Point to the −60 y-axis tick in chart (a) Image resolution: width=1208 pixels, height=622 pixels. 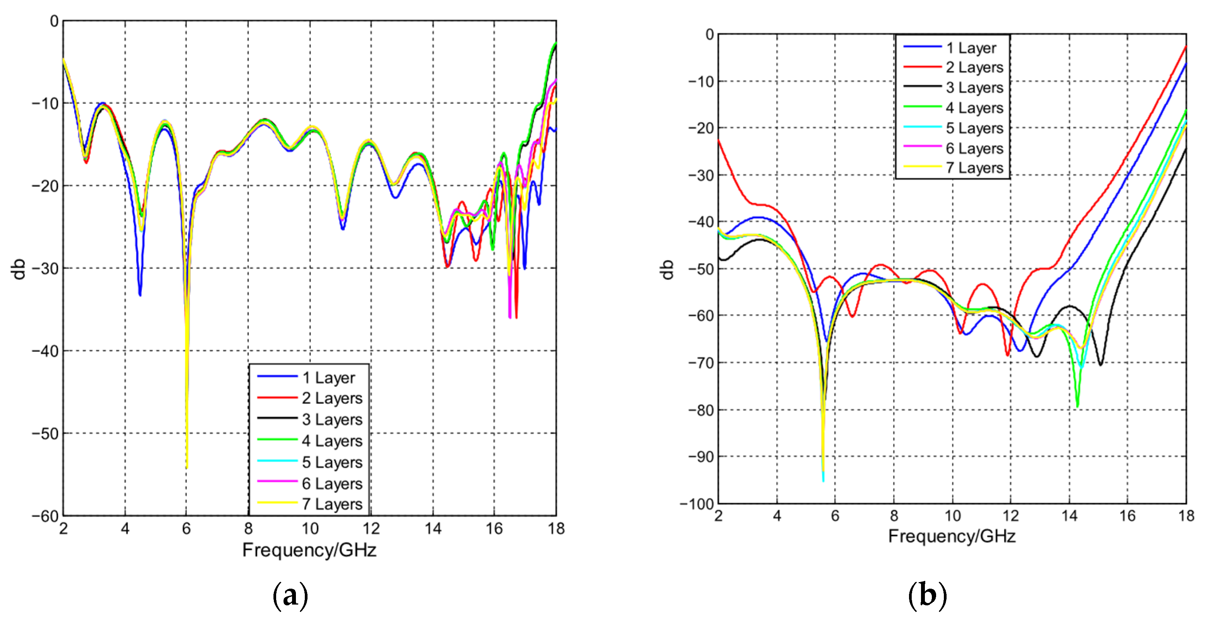pos(45,516)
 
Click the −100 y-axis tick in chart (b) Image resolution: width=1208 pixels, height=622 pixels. pos(697,504)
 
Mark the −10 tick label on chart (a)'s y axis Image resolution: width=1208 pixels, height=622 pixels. pos(45,103)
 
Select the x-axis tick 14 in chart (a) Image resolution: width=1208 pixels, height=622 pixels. pos(433,529)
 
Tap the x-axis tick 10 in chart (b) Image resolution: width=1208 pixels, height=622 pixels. pos(952,516)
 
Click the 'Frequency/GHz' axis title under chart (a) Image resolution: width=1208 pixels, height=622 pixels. pos(309,550)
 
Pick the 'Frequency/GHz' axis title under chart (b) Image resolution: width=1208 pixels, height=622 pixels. pos(952,536)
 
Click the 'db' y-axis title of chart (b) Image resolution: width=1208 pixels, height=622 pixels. pos(667,269)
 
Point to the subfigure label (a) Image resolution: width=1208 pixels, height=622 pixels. pos(290,595)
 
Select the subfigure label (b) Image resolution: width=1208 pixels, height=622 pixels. pos(927,595)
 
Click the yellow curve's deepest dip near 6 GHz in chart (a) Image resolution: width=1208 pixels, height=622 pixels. pos(187,467)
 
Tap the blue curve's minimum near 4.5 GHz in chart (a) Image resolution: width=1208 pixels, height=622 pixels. pos(140,295)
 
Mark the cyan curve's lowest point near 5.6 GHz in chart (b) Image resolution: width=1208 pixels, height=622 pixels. pos(823,480)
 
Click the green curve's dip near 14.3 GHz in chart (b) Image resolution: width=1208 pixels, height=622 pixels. pos(1077,406)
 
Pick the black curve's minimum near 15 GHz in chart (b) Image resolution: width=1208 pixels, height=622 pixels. pos(1100,364)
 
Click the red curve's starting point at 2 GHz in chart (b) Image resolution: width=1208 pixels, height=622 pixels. pos(719,140)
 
